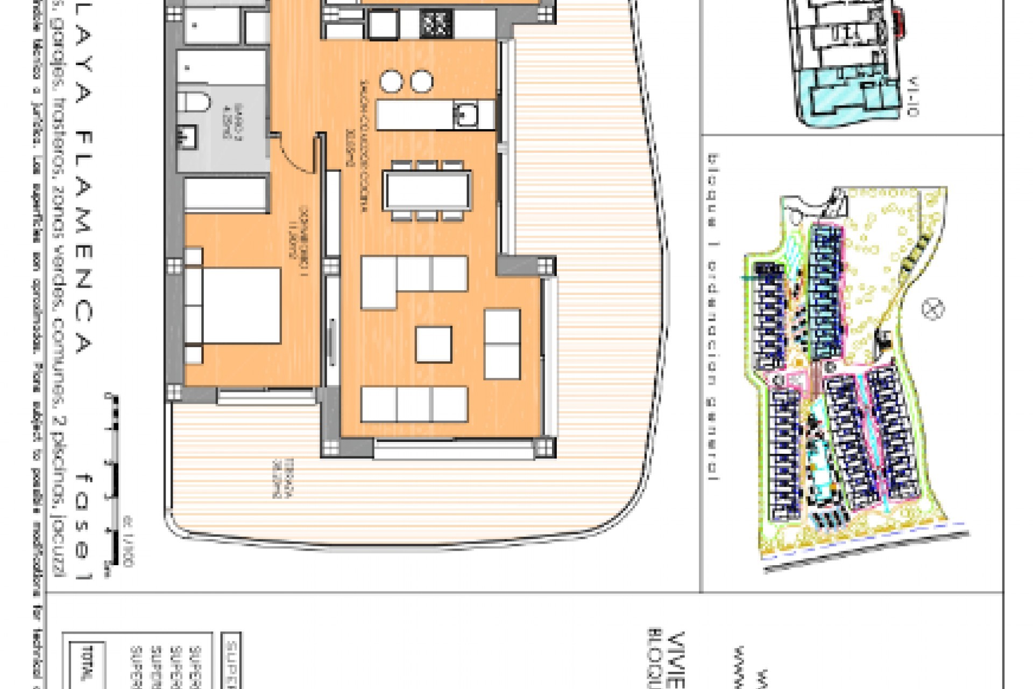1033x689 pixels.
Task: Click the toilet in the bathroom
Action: pos(194,101)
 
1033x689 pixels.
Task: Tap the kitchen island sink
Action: pos(464,114)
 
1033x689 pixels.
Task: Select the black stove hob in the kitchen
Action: pos(435,24)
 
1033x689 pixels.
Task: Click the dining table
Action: pos(427,191)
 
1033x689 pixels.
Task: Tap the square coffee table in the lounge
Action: pos(433,344)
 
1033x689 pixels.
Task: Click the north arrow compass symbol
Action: pos(933,309)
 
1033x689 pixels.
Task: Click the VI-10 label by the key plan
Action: pos(913,97)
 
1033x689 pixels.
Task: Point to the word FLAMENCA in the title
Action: pos(83,242)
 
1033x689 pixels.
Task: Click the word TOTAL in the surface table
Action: pos(85,667)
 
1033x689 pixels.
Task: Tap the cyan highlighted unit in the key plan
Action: pos(839,97)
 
